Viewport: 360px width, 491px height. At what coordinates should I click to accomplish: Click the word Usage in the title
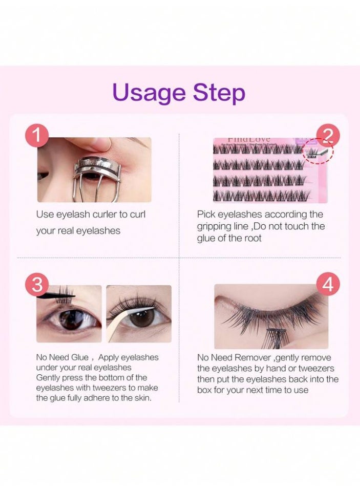click(148, 93)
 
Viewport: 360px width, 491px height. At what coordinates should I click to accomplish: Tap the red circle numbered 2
click(328, 136)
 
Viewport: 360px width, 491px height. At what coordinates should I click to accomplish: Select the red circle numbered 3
click(36, 284)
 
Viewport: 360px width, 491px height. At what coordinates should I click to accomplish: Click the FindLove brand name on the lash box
click(249, 140)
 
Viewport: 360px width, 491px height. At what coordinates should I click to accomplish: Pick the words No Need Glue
click(62, 357)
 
